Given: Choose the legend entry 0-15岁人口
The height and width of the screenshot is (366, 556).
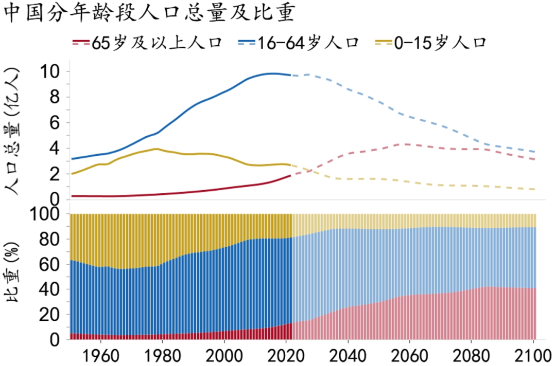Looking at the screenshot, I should [440, 42].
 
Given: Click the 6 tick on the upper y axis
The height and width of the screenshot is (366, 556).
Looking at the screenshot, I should [56, 123].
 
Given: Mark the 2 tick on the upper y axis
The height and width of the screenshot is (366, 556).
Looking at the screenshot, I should [56, 174].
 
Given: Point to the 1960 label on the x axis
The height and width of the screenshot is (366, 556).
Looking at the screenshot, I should [100, 355].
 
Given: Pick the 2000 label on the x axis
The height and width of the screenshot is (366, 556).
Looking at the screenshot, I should [224, 355].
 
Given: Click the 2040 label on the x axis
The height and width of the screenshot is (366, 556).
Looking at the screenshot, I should [349, 355].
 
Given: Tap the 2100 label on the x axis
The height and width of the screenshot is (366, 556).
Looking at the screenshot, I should [533, 355].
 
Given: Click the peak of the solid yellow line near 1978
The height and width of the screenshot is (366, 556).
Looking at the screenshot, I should [156, 149].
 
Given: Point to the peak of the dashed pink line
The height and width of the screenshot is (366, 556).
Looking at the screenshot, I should [406, 144].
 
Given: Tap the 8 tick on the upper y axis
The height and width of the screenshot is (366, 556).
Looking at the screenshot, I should [56, 97].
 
